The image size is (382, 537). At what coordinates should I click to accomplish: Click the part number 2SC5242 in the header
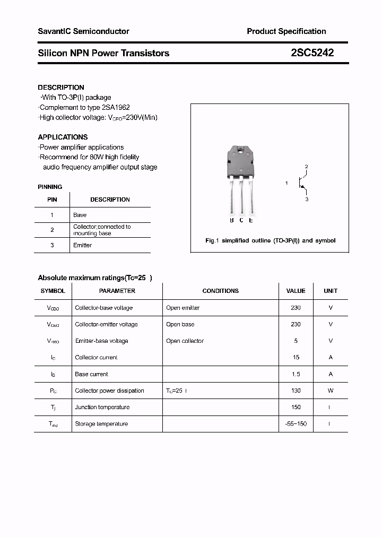pos(312,53)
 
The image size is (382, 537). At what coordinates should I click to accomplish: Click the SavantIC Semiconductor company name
pos(83,31)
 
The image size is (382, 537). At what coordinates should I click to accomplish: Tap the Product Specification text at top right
pos(286,31)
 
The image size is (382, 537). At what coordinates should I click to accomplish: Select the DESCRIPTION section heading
pos(61,88)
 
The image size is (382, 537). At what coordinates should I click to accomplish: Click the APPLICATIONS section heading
pos(63,137)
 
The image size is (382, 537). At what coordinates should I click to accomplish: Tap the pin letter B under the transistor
pos(232,220)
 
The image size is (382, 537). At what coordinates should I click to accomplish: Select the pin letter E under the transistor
pos(251,220)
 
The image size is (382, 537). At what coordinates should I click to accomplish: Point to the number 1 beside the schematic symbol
pos(286,183)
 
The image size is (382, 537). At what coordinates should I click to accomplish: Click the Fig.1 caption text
pos(270,240)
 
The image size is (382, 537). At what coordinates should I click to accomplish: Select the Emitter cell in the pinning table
pos(82,245)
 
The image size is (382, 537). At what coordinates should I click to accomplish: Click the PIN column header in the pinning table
pos(52,200)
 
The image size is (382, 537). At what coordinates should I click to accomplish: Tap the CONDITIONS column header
pos(220,291)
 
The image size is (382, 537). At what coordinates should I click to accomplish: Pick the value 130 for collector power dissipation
pos(296,391)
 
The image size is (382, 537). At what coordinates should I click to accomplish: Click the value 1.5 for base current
pos(296,374)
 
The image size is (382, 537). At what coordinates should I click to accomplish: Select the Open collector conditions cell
pos(185,341)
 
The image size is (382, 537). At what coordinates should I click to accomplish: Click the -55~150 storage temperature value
pos(296,423)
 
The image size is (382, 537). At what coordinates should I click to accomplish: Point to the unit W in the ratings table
pos(330,391)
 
